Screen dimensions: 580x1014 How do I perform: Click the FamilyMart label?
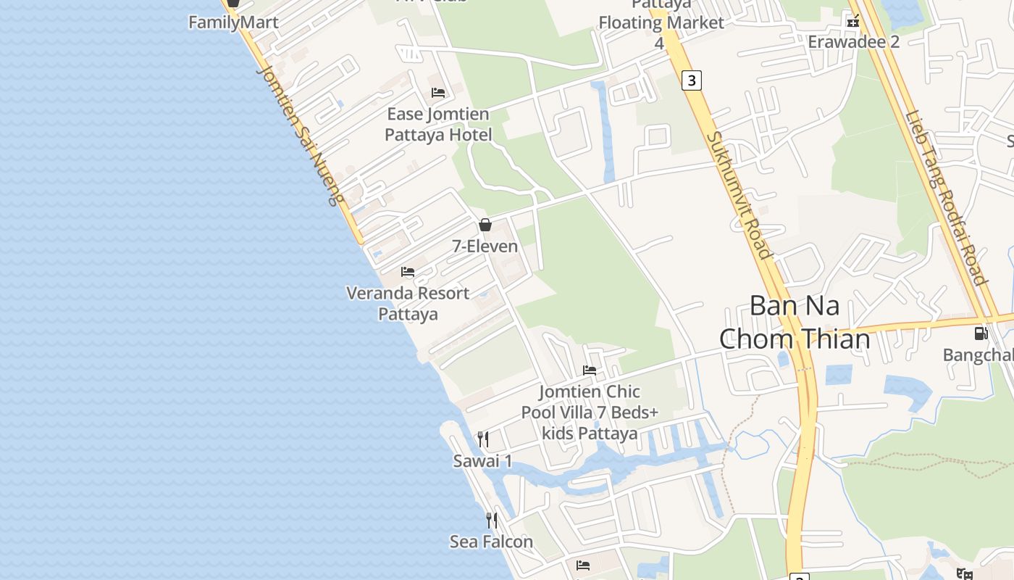[x=233, y=22]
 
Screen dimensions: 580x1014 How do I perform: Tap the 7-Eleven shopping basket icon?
[x=485, y=225]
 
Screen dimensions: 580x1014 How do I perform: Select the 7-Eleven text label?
[x=485, y=246]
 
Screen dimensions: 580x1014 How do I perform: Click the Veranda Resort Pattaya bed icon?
[x=408, y=272]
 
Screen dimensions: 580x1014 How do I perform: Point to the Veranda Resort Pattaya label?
[x=408, y=304]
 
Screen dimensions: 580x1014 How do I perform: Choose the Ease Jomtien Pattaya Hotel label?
[x=438, y=124]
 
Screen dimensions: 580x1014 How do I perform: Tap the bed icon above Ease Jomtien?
[x=438, y=92]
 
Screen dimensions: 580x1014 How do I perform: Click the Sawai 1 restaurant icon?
[x=483, y=439]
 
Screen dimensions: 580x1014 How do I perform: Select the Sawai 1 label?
[x=482, y=461]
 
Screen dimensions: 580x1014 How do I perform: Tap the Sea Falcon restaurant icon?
[x=492, y=520]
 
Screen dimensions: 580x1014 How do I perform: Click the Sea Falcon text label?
[x=491, y=542]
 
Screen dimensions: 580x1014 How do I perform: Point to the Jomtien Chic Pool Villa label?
[x=590, y=413]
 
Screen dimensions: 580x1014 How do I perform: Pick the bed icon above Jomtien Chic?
[x=590, y=370]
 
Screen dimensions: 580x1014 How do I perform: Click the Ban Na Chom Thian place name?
[x=795, y=322]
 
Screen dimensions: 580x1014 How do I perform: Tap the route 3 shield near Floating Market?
[x=692, y=80]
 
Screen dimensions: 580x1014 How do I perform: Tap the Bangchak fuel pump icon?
[x=981, y=333]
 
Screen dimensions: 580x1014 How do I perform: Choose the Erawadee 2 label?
[x=853, y=41]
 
